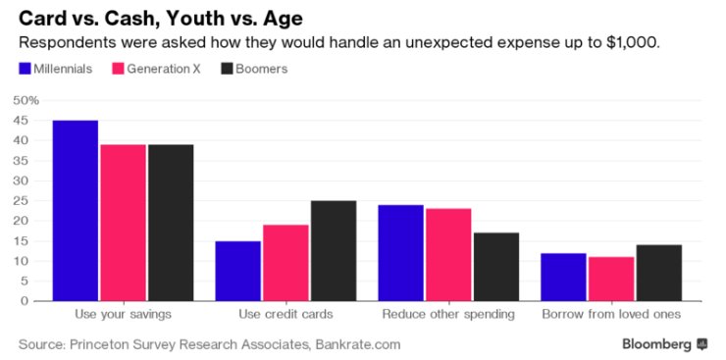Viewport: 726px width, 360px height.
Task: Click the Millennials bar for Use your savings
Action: (x=76, y=211)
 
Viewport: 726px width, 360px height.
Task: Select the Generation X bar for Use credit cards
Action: (x=285, y=263)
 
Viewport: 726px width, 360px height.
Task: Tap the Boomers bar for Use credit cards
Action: (x=334, y=251)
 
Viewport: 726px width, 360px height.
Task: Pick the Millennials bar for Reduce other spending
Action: (x=401, y=253)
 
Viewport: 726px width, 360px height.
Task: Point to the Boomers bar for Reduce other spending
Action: (x=496, y=267)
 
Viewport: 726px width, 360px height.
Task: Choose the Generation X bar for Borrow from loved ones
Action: (x=611, y=279)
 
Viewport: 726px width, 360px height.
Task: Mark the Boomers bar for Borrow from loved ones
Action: (x=659, y=273)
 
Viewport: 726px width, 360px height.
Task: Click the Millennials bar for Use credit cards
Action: (x=238, y=271)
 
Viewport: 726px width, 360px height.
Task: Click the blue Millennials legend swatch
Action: (x=25, y=69)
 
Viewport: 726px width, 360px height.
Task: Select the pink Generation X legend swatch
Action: (x=118, y=69)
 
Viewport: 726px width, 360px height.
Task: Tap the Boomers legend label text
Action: (x=262, y=69)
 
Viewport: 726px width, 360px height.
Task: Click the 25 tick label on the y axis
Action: (x=25, y=201)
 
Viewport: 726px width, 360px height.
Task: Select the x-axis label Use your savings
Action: (x=124, y=315)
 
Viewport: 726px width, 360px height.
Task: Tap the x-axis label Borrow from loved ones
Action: (x=611, y=315)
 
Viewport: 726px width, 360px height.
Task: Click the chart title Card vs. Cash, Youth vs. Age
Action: (x=161, y=19)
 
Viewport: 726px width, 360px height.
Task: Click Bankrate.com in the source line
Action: (x=358, y=344)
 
